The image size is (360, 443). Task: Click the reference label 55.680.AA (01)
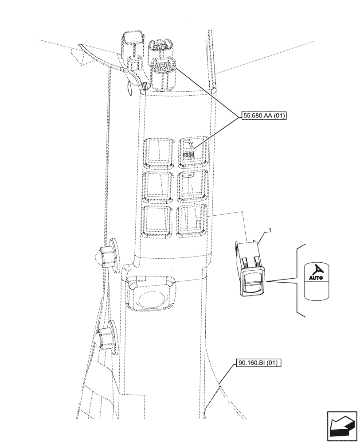coord(265,117)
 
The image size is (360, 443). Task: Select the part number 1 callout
coord(268,231)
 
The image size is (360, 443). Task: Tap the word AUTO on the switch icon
coord(315,278)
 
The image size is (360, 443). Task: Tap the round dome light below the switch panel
coord(152,296)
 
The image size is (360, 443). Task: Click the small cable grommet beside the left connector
coord(145,86)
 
